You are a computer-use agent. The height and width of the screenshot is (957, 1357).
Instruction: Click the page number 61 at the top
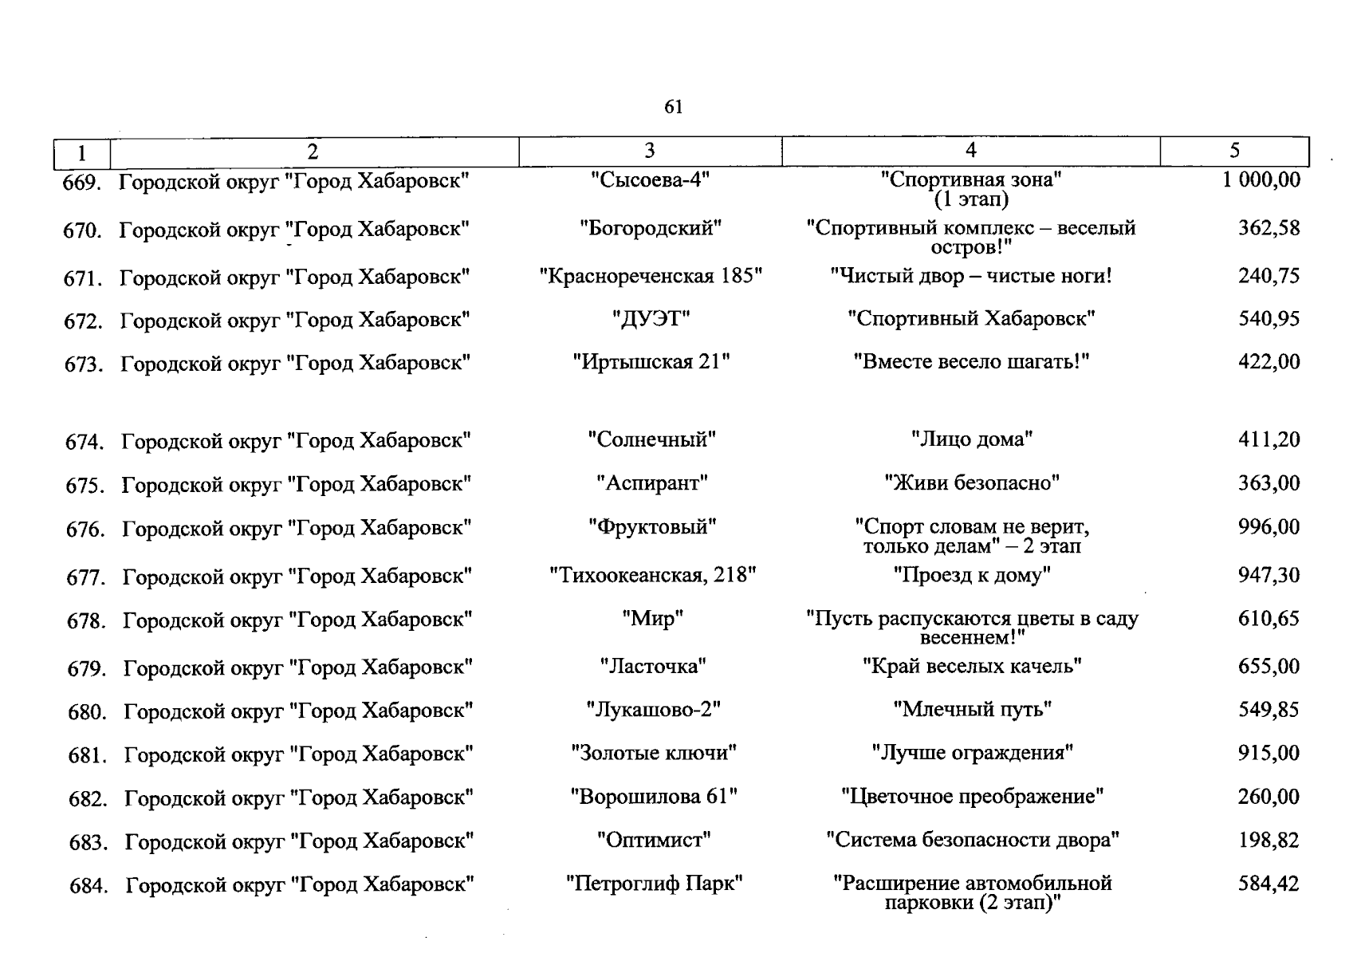673,107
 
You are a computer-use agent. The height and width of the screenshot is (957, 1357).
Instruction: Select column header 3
650,151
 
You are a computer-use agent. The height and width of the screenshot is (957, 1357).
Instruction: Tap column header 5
1234,151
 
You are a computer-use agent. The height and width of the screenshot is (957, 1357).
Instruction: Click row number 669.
82,183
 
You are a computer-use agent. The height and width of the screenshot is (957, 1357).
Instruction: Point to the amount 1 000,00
1261,180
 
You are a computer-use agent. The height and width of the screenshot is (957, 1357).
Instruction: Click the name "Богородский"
651,229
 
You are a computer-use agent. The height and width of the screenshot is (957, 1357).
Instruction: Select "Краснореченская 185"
651,277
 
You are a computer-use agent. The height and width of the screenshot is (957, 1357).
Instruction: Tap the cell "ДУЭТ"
651,320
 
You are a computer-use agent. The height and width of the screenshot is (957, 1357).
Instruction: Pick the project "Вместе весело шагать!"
971,362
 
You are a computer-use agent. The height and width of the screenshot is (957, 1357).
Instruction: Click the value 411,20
1268,439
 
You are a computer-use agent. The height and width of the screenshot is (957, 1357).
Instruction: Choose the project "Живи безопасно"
971,483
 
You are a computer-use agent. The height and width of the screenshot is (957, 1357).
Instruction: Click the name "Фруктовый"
652,527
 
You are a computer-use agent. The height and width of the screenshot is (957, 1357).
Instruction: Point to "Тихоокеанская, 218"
652,575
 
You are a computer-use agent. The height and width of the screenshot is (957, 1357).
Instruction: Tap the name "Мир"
652,619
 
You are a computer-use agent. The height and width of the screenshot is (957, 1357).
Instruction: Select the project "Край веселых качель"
971,666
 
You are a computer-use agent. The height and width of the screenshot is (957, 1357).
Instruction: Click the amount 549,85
1268,710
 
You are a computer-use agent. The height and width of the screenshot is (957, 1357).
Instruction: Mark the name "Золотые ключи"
654,753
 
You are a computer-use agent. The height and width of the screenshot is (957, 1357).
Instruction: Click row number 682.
88,798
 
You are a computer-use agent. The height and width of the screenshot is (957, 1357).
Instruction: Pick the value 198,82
1268,840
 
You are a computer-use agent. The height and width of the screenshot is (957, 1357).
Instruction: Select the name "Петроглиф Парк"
654,884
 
